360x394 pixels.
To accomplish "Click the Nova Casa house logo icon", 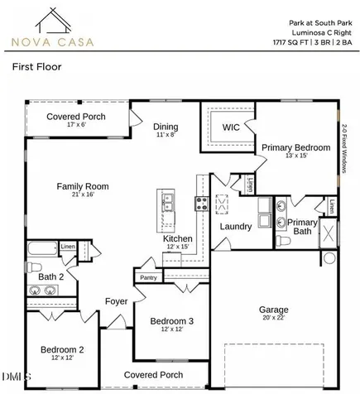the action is (53, 20).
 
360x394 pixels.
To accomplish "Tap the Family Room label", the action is (83, 186).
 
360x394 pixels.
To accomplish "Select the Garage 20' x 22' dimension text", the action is (274, 318).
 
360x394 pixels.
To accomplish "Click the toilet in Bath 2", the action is (34, 267).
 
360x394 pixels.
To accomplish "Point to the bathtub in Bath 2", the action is (43, 248).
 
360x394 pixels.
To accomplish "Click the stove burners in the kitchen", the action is (202, 204).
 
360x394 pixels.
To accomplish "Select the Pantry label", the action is (148, 277).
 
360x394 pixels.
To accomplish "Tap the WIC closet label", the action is (231, 127).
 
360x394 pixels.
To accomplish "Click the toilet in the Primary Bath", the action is (283, 240).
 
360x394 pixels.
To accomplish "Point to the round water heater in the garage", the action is (329, 258).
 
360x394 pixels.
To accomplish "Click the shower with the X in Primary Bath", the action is (329, 233).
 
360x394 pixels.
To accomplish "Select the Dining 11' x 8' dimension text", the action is (166, 135).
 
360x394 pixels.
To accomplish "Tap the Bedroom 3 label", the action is (172, 321).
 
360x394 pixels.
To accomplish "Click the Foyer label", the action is (117, 301).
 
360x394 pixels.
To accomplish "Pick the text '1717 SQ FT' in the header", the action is (290, 42).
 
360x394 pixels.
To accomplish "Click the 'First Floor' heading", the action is (36, 67).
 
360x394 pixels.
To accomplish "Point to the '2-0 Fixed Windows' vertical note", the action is (344, 149).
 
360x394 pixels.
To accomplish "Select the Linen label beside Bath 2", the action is (68, 247).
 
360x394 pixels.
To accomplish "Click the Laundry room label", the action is (236, 227).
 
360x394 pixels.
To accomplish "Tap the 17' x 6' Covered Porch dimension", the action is (77, 124).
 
